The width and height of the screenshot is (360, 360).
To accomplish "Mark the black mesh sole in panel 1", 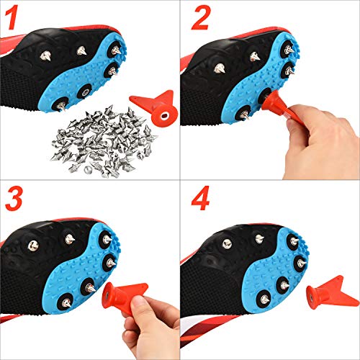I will pos(29,94).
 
